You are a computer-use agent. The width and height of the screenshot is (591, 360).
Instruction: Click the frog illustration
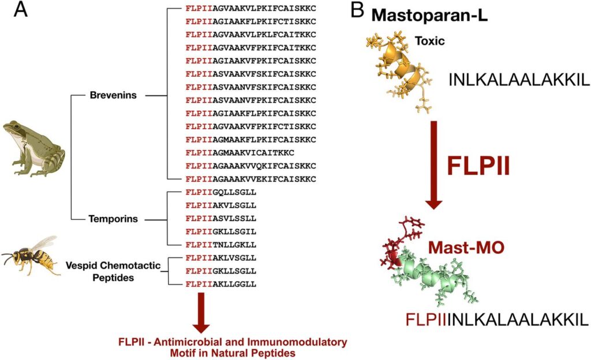[34, 149]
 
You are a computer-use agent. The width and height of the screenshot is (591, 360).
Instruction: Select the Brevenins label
[113, 95]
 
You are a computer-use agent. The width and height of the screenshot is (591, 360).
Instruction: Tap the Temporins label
[113, 219]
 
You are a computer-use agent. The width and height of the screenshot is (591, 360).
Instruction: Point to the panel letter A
[20, 10]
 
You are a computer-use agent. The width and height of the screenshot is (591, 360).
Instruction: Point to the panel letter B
[357, 10]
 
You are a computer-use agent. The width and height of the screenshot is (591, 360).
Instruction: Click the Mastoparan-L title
[429, 16]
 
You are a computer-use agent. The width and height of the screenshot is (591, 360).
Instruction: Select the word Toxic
[429, 40]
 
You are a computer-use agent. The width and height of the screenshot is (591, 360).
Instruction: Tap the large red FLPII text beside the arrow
[478, 166]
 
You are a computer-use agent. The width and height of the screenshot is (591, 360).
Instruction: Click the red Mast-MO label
[466, 247]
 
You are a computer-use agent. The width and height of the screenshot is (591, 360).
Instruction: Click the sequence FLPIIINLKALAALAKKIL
[497, 320]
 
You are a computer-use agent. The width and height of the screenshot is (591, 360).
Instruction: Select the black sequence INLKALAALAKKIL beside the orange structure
[519, 80]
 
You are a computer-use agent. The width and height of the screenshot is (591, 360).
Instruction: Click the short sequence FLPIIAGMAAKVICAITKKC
[240, 153]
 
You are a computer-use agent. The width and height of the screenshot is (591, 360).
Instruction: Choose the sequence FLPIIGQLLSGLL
[221, 193]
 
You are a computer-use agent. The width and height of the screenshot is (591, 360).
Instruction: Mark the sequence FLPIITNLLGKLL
[221, 245]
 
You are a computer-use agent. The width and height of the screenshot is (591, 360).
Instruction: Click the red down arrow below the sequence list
[201, 313]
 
